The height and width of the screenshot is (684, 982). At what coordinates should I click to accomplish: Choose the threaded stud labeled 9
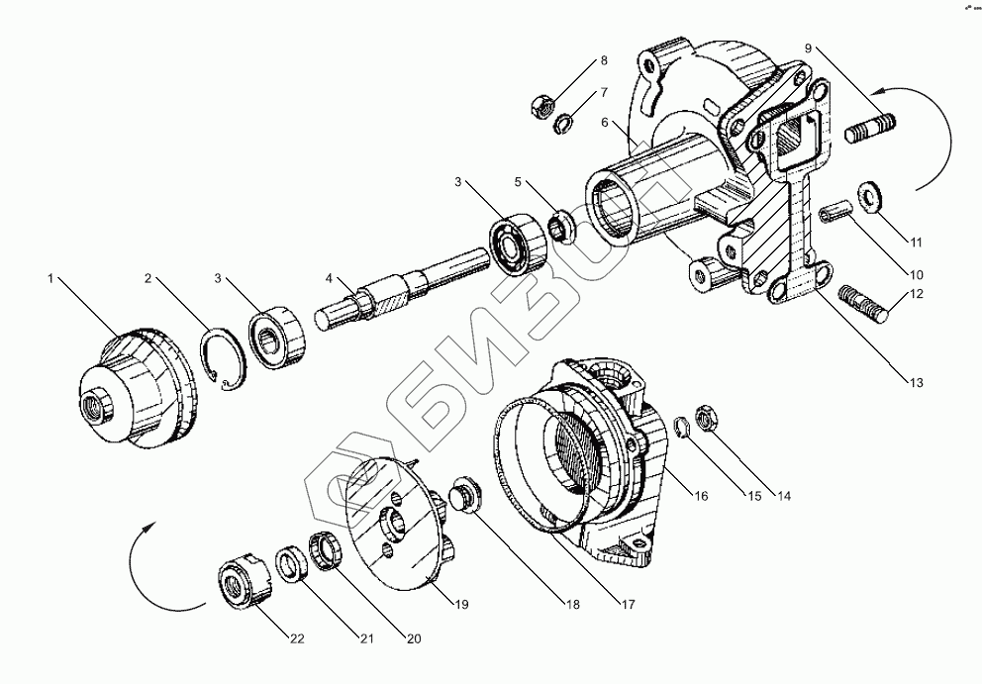click(x=871, y=128)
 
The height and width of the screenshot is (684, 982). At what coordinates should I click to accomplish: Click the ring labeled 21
click(x=292, y=568)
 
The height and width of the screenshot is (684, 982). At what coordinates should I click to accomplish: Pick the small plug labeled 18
click(x=465, y=495)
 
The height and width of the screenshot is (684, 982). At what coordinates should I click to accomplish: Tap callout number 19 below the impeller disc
click(x=462, y=603)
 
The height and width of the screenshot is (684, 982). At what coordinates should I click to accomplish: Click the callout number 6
click(x=603, y=122)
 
